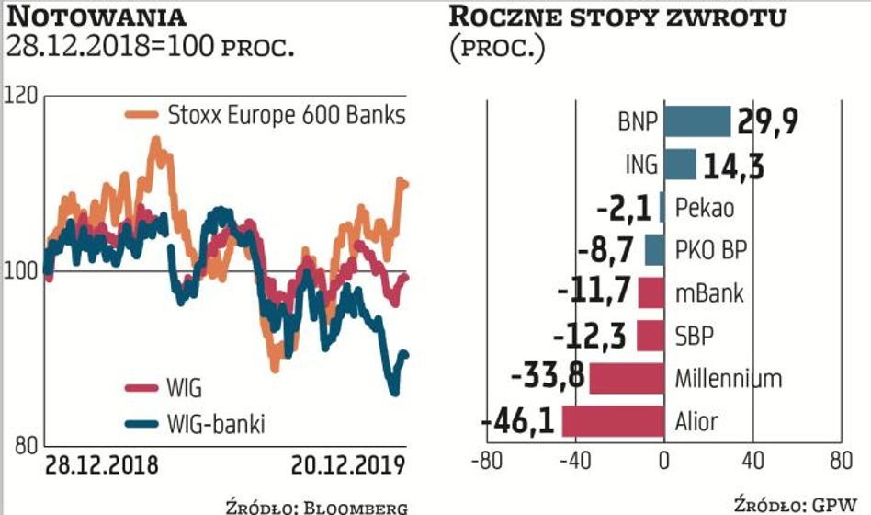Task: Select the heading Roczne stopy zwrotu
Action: [x=616, y=17]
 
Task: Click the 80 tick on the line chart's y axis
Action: [x=17, y=445]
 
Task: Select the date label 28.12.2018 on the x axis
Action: [x=101, y=466]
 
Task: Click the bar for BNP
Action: [x=696, y=121]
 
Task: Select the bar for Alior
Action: [x=613, y=421]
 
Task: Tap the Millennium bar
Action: [x=627, y=379]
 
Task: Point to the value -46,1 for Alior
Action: [x=518, y=422]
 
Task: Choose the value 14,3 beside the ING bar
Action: [x=733, y=166]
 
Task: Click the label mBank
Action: [x=708, y=293]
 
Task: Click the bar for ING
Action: [x=680, y=165]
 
